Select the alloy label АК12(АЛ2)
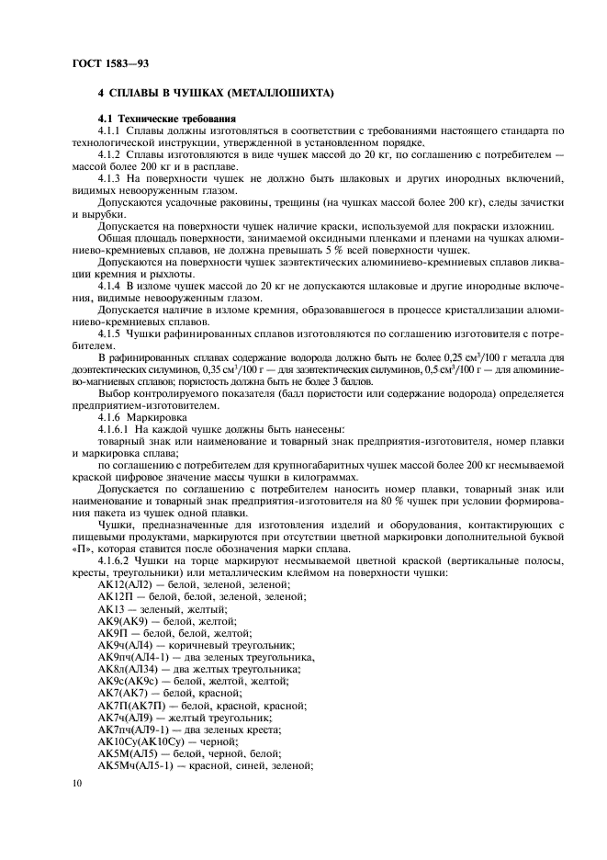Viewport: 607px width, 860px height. [x=124, y=584]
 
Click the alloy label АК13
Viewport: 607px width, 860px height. [x=110, y=608]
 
